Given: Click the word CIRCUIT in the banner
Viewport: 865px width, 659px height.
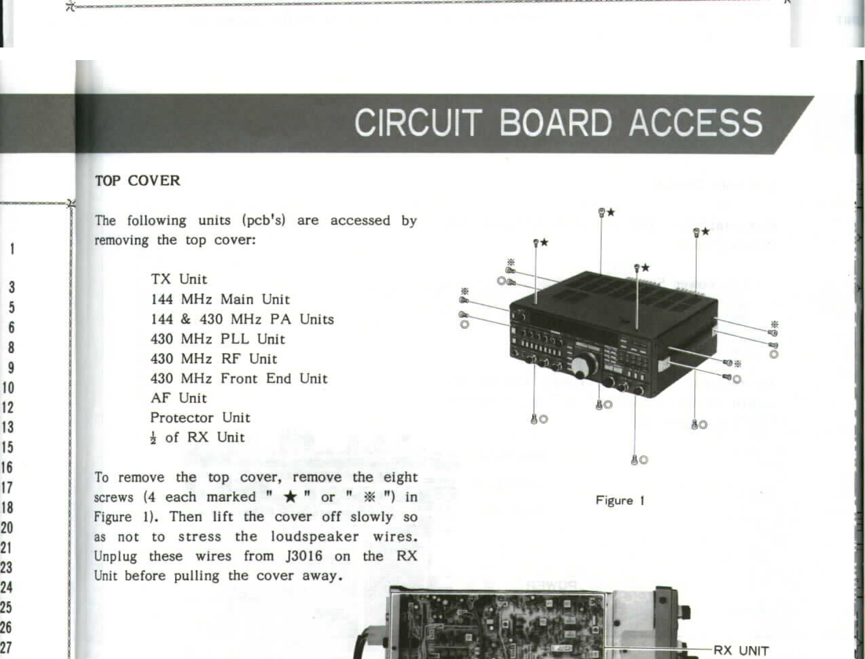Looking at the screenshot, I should tap(417, 123).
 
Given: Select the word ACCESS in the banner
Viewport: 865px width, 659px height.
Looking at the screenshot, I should tap(696, 123).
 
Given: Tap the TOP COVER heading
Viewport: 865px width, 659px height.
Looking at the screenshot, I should tap(137, 181).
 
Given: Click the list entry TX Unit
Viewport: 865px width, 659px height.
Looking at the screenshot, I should tap(178, 279).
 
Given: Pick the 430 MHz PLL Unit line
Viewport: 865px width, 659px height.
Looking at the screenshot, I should tap(217, 339).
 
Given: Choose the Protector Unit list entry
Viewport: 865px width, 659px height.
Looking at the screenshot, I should tap(200, 418).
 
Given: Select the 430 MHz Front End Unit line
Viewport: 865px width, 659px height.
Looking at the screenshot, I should tap(239, 379).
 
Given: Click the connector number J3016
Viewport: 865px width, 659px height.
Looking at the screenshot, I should tap(303, 556).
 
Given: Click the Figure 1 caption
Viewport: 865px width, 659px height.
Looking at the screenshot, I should tap(620, 501).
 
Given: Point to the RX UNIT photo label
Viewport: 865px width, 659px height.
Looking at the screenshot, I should tap(741, 650).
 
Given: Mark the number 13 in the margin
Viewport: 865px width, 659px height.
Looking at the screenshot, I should tap(7, 427).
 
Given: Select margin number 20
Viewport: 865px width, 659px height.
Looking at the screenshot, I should tap(6, 527).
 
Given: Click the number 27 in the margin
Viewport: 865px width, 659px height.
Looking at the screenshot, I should tap(6, 648).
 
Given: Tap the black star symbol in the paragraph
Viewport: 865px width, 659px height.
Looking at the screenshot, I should tap(291, 497).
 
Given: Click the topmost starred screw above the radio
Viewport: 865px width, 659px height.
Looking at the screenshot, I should tap(602, 213).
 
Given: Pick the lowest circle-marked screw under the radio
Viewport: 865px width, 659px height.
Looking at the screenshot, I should tap(634, 460).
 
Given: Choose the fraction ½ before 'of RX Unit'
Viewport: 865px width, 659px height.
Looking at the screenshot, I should tap(153, 438).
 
